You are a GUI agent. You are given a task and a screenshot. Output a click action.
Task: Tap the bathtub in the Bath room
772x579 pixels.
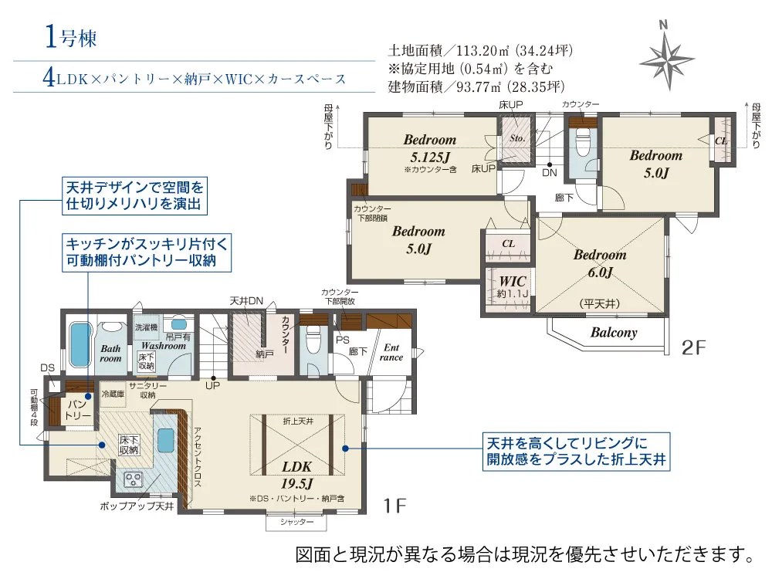(80, 344)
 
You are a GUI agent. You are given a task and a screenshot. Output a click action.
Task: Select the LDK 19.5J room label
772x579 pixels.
(297, 475)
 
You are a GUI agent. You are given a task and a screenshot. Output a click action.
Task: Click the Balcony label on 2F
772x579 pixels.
(614, 332)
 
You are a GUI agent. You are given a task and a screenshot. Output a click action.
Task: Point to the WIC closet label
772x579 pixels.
(513, 282)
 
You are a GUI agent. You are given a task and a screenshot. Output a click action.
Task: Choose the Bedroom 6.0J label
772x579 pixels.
(600, 263)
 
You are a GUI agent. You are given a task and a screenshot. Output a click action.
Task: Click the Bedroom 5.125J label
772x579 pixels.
(430, 148)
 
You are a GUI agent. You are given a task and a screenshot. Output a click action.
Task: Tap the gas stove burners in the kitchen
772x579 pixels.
(133, 479)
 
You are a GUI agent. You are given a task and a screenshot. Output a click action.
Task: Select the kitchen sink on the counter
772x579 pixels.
(165, 439)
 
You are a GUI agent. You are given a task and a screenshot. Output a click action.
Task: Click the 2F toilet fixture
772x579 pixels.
(582, 142)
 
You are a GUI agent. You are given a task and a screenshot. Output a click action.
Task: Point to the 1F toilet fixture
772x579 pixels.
(313, 341)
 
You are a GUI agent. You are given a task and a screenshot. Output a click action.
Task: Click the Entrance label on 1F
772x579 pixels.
(391, 353)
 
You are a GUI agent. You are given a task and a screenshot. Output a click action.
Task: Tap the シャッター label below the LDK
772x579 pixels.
(297, 522)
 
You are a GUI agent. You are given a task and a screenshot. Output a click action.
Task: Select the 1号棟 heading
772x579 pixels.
(70, 37)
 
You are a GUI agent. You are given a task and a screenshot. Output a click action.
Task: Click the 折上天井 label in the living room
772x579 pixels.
(298, 422)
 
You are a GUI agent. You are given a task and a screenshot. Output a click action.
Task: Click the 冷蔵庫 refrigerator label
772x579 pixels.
(113, 394)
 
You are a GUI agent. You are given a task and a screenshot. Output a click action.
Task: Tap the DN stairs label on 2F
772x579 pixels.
(550, 173)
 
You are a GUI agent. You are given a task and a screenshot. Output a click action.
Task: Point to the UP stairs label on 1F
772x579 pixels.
(213, 385)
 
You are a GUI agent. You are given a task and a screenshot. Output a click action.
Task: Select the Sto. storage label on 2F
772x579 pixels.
(517, 138)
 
